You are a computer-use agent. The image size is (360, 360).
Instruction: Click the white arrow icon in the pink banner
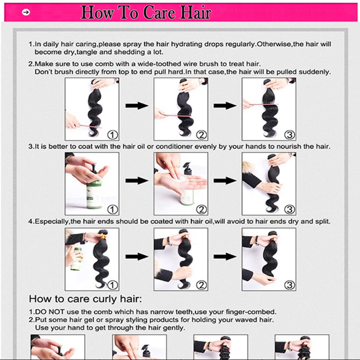pos(26,12)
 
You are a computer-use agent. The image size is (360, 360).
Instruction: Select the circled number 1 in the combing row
pos(113,135)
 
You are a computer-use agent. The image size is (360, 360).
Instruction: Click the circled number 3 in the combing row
pos(290,135)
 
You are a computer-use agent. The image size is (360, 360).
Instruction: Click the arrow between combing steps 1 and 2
pos(137,106)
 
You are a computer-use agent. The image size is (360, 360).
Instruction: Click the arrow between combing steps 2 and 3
pos(225,106)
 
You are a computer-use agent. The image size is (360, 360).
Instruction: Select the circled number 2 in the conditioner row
pos(201,210)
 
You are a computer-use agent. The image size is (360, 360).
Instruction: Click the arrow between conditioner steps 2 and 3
pos(225,180)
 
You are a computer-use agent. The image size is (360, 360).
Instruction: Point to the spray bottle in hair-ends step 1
pos(77,259)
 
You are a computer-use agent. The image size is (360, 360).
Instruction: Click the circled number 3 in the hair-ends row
pos(290,285)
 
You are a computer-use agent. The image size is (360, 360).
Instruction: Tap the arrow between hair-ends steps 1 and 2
pos(137,257)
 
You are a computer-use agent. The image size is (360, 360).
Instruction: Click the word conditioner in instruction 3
pos(174,147)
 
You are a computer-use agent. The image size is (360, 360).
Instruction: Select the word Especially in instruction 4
pos(52,222)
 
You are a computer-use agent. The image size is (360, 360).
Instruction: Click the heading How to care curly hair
pos(85,299)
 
